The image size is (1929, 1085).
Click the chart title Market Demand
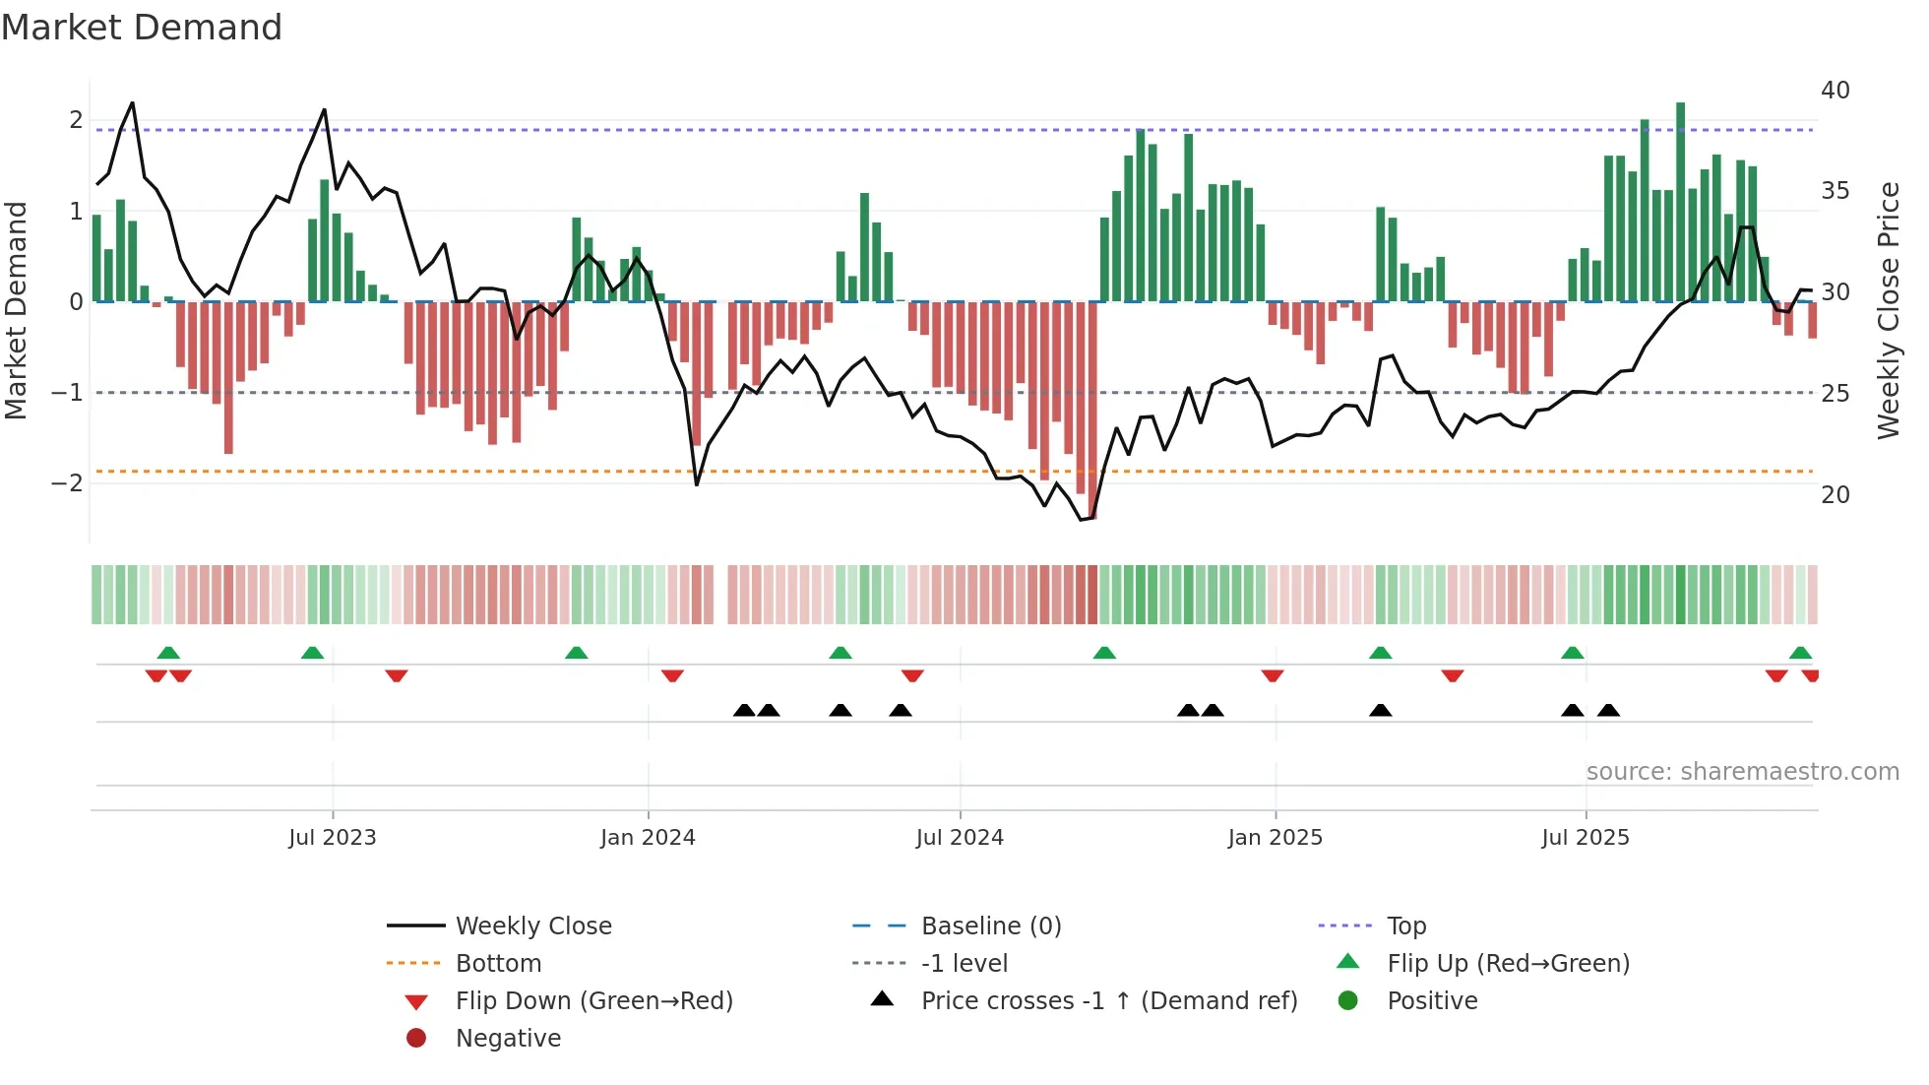click(x=142, y=28)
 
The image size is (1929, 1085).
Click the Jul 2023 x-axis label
click(x=332, y=838)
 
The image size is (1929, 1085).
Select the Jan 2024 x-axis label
click(x=648, y=838)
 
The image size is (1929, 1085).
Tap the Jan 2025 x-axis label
click(x=1275, y=838)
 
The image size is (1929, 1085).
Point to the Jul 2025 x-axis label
click(x=1585, y=838)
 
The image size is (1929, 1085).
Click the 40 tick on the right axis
click(x=1835, y=91)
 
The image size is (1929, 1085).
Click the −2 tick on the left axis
click(x=67, y=483)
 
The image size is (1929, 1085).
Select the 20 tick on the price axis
click(x=1835, y=495)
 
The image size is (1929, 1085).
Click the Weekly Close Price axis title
click(x=1888, y=310)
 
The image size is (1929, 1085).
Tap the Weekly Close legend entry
click(x=532, y=926)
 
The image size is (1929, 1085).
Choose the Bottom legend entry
click(x=498, y=964)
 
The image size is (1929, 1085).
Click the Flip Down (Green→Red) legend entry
click(x=593, y=1001)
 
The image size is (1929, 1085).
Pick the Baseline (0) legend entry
click(x=990, y=926)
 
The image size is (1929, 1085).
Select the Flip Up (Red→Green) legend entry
click(x=1508, y=964)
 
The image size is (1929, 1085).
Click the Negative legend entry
click(x=508, y=1039)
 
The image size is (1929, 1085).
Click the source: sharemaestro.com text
click(x=1742, y=772)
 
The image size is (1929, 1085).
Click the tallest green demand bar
click(x=1680, y=202)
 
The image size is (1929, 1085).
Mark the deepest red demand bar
click(x=1091, y=410)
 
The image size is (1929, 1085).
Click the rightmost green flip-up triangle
click(x=1800, y=653)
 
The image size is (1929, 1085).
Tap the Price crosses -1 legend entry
click(x=1108, y=1001)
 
